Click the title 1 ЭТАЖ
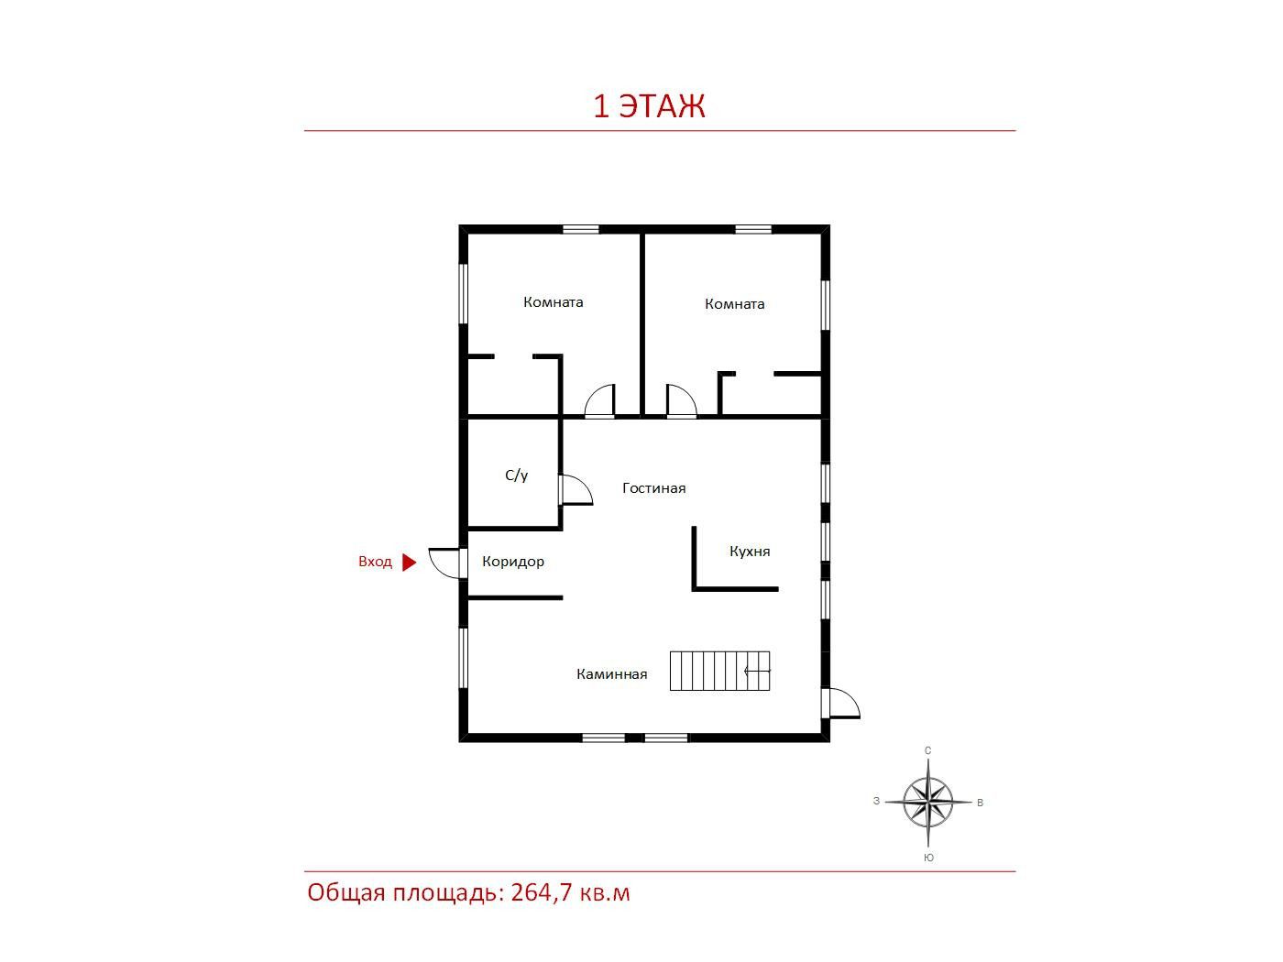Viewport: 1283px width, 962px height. tap(649, 106)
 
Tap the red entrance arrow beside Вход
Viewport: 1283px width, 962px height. tap(409, 562)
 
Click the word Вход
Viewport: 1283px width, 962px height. tap(375, 562)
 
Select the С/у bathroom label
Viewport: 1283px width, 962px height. tap(516, 475)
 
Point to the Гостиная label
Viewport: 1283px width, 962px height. tap(653, 487)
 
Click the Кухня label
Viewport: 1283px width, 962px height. tap(750, 551)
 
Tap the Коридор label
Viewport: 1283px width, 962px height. tap(512, 562)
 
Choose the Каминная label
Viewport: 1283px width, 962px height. tap(611, 674)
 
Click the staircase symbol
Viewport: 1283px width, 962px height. tap(719, 671)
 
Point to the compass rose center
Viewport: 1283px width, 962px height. tap(927, 802)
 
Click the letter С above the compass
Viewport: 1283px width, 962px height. tap(927, 750)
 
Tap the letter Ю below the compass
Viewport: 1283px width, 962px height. tap(928, 858)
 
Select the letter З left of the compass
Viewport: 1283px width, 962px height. tap(876, 801)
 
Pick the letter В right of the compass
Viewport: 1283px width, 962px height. tap(981, 803)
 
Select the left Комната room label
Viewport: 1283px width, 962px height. tap(553, 302)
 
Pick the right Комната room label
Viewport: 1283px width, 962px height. tap(734, 304)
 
